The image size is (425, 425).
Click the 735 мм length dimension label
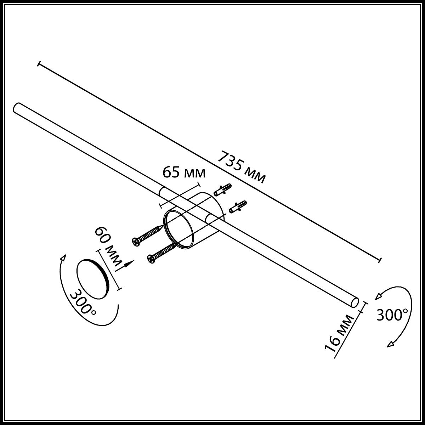click(242, 167)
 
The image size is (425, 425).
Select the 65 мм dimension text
click(184, 172)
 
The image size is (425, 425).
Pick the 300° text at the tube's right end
click(392, 315)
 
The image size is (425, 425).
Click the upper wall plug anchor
click(222, 190)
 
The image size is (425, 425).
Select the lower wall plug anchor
click(238, 207)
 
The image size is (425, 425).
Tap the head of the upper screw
click(136, 242)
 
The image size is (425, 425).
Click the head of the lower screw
click(152, 259)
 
